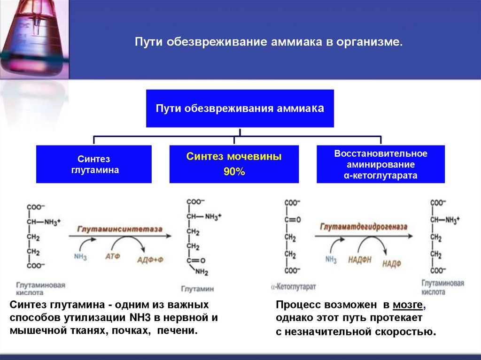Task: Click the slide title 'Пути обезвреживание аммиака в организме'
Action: tap(269, 42)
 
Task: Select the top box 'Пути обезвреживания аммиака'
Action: tap(240, 108)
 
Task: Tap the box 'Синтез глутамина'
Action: tap(94, 164)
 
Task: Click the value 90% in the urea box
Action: tap(234, 172)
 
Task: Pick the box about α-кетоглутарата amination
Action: tap(380, 164)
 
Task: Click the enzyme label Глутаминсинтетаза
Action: tap(120, 230)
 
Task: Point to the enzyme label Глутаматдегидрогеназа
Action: tap(364, 227)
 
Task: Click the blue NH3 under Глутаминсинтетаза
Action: tap(80, 256)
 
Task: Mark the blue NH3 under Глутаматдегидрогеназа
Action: tap(331, 259)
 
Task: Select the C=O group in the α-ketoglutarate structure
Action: tap(293, 219)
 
